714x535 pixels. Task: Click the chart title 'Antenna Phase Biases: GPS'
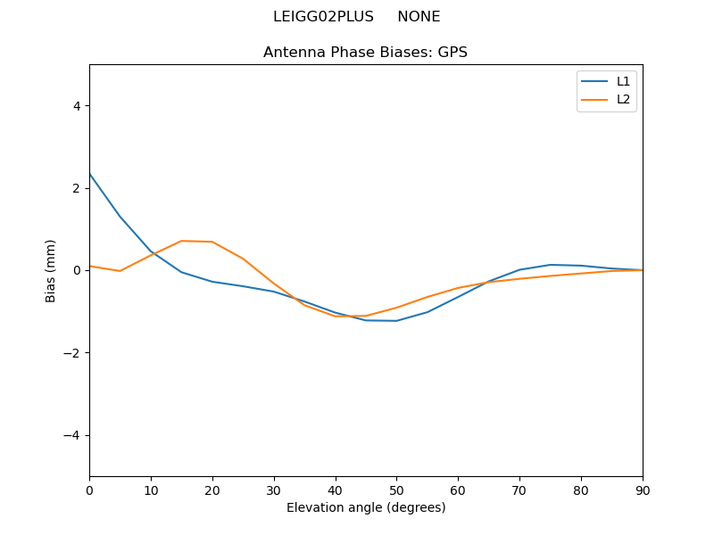[x=365, y=53]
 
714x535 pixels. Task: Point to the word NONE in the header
[x=419, y=17]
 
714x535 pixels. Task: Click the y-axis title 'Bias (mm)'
[x=51, y=270]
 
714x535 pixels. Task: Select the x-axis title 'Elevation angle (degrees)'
[x=366, y=507]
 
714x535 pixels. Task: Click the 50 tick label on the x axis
[x=396, y=490]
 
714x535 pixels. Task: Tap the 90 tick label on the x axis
[x=643, y=490]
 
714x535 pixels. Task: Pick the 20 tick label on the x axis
[x=212, y=490]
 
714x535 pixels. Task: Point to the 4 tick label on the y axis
[x=77, y=105]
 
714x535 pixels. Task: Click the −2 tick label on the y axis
[x=73, y=352]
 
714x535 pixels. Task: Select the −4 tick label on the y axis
[x=73, y=435]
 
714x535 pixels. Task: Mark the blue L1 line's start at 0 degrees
[x=89, y=174]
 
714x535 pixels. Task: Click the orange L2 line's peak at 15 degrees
[x=181, y=241]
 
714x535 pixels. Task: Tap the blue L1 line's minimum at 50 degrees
[x=396, y=321]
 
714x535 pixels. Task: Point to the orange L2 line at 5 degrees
[x=120, y=271]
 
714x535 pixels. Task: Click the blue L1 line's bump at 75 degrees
[x=551, y=265]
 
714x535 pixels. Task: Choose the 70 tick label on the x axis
[x=519, y=490]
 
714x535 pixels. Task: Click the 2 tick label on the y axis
[x=77, y=188]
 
